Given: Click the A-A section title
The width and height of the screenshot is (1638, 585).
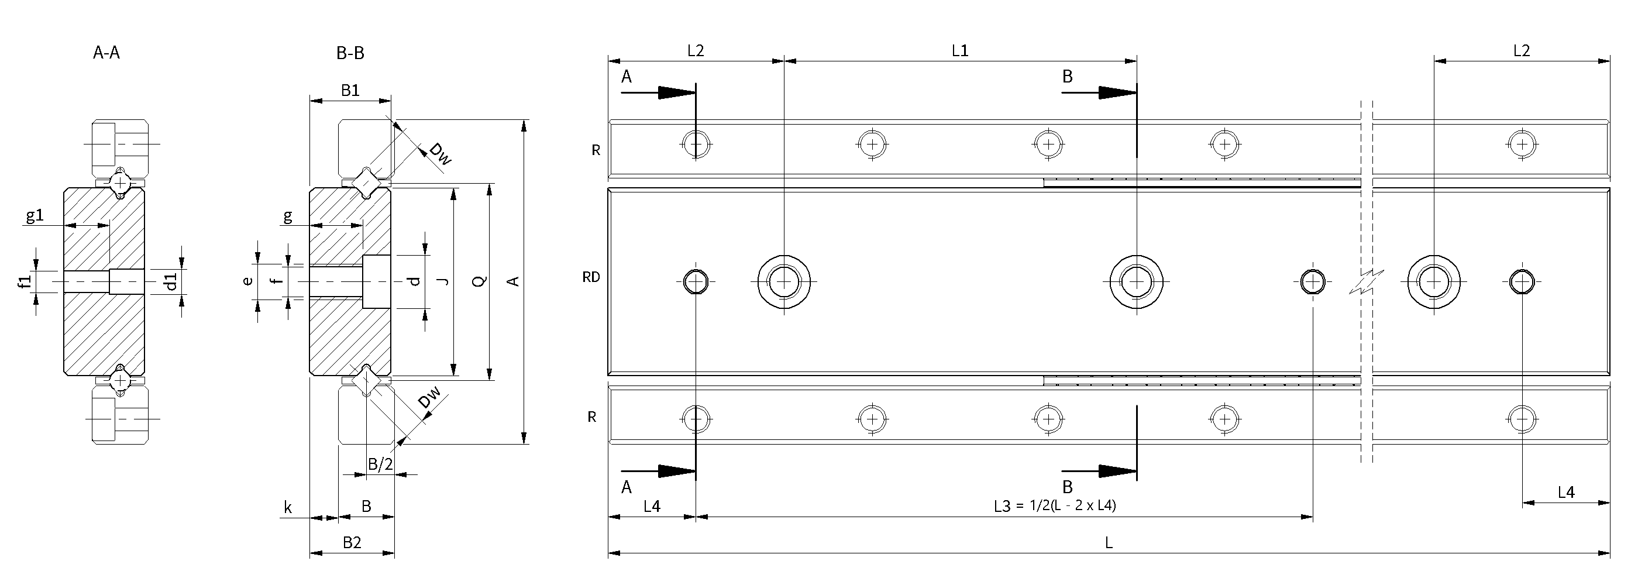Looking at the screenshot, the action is (x=106, y=53).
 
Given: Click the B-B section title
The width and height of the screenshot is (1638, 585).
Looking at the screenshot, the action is (x=350, y=53).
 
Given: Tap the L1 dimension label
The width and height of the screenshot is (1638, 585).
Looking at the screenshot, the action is (x=959, y=51).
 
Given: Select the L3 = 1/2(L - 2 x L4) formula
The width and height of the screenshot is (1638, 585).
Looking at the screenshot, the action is (x=1055, y=506).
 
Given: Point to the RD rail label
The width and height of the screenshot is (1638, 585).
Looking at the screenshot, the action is (x=591, y=277).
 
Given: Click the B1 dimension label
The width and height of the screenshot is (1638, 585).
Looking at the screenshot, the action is (x=350, y=90).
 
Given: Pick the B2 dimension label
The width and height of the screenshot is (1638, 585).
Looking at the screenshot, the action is (x=352, y=542).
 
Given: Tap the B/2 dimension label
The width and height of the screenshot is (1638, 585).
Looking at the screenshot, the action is (x=380, y=465).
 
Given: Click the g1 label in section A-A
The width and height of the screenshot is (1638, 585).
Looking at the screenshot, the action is (x=35, y=215).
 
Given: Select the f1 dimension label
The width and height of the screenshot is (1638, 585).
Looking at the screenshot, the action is (x=25, y=282).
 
